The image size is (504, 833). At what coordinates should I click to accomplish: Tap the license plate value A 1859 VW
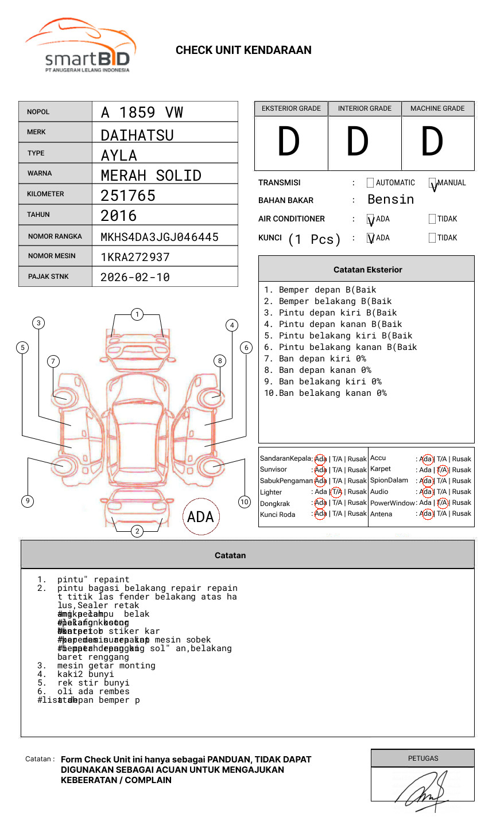tap(142, 112)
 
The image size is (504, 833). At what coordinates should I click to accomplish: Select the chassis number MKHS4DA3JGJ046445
tap(159, 237)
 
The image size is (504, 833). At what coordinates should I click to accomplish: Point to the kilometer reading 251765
tap(128, 196)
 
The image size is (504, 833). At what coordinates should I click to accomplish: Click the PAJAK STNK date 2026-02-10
tap(135, 277)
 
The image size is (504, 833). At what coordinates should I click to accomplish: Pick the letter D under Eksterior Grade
tap(289, 142)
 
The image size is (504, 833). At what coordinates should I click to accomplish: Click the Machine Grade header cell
tap(437, 108)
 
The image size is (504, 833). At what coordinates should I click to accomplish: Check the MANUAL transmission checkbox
tap(432, 183)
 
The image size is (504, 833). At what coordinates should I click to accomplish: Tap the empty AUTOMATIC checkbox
tap(370, 183)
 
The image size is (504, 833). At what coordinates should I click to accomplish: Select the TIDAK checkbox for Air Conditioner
tap(432, 219)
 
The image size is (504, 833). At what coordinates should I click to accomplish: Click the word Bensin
tap(390, 200)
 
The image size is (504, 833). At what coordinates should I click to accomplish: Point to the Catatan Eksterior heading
tap(367, 270)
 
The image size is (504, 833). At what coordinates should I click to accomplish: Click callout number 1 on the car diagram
tap(137, 314)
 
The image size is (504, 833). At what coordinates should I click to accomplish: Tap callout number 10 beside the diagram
tap(245, 502)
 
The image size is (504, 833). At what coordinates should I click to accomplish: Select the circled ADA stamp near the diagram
tap(200, 517)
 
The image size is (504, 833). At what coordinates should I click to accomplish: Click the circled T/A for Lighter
tap(336, 492)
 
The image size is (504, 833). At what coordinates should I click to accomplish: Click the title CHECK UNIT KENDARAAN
tap(243, 50)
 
